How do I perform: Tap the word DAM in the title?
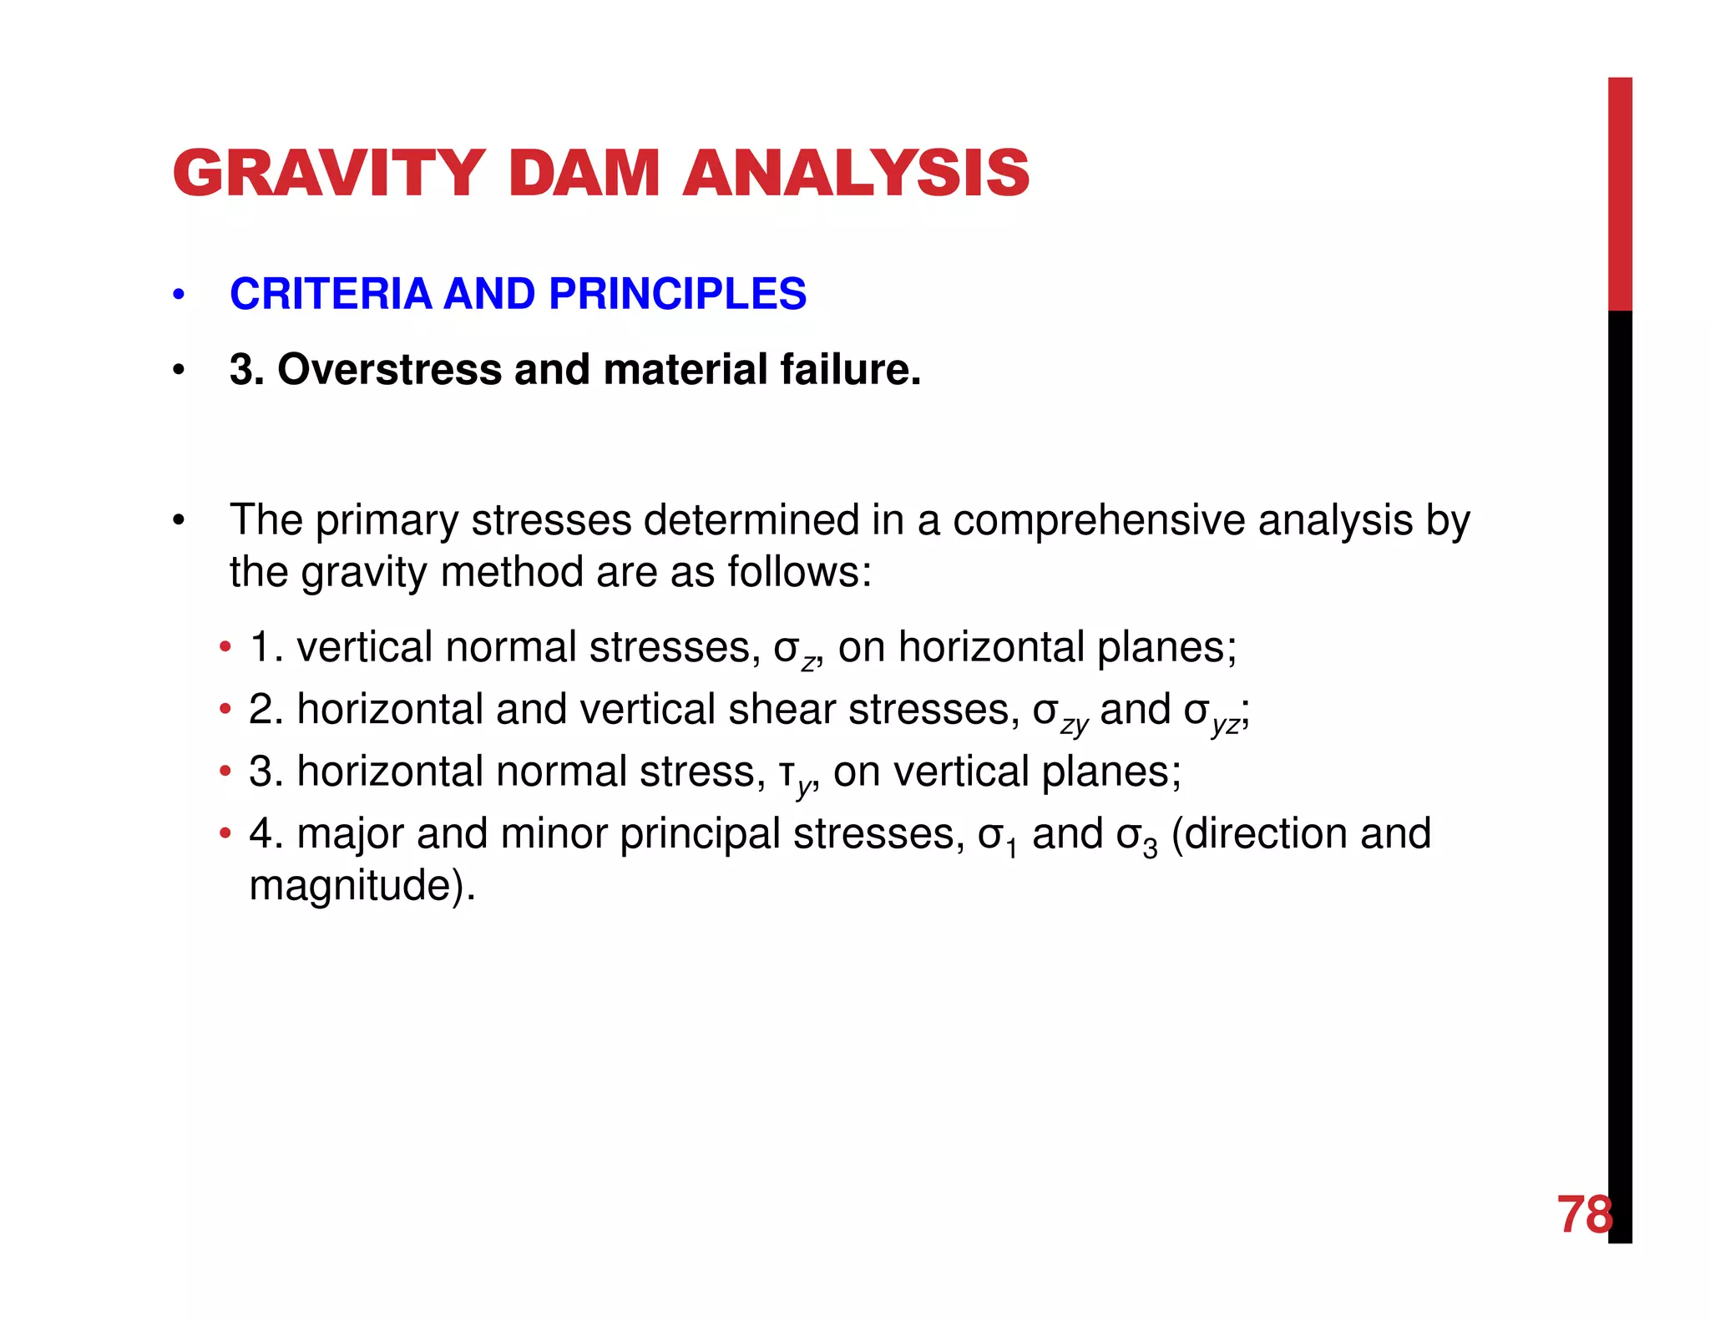[584, 173]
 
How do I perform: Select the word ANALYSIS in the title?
[856, 173]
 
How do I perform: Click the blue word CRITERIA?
[330, 294]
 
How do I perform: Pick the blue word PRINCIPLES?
[677, 294]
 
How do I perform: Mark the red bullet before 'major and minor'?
[225, 833]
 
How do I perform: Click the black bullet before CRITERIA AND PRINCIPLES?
[178, 295]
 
